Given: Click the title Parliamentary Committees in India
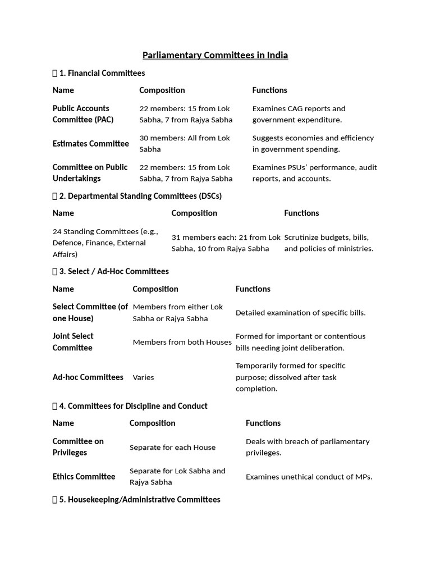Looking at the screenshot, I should (215, 55).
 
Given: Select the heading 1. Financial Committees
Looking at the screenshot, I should (102, 73).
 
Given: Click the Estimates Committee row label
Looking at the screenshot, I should (90, 144).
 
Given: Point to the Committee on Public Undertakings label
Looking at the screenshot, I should (90, 173).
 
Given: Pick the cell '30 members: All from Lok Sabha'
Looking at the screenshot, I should (185, 144).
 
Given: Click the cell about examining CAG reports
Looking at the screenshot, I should (299, 114).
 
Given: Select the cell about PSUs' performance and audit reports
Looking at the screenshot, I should (314, 173).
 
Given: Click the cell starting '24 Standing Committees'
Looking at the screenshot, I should (106, 243).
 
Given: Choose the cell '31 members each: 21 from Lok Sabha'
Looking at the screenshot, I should (226, 243).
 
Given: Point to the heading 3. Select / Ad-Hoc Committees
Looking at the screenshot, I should (113, 271).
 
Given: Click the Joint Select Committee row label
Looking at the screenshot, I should (73, 342).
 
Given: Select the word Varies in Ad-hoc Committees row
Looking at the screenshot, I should (143, 377).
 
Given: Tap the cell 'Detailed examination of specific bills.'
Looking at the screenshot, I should (300, 313).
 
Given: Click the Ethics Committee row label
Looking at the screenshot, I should (84, 477).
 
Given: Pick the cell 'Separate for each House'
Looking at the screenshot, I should (172, 448).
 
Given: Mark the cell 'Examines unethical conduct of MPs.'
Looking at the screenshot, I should (309, 477).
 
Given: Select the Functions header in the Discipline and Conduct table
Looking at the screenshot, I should (263, 423).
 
